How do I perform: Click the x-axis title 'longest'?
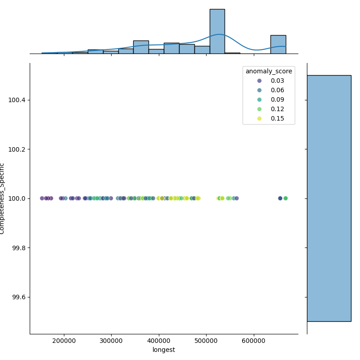coord(164,350)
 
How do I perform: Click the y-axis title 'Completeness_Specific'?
coord(2,198)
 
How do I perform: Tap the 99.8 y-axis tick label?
coord(18,248)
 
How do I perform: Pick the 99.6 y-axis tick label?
coord(18,297)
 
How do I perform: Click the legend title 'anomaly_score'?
coord(269,71)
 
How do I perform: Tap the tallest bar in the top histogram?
coord(217,31)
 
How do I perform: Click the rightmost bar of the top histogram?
coord(278,45)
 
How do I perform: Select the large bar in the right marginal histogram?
coord(329,198)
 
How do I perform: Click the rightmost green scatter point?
coord(285,198)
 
